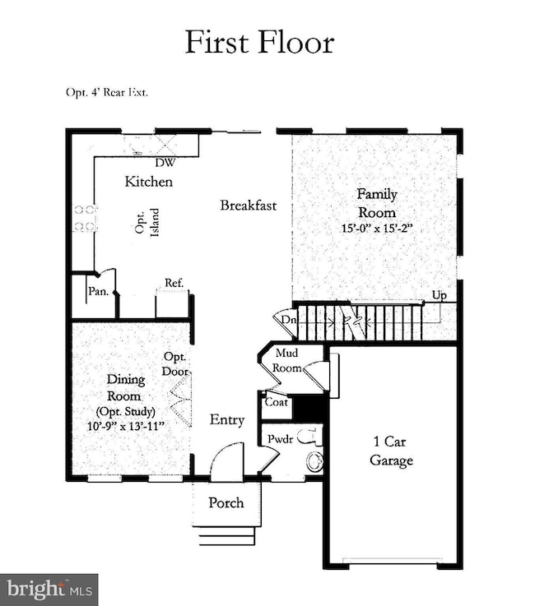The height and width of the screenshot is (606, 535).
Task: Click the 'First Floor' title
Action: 259,42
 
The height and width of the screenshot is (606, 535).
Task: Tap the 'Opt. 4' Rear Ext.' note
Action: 108,92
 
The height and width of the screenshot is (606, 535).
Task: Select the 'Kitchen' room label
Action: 148,181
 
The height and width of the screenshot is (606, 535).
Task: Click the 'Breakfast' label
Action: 248,205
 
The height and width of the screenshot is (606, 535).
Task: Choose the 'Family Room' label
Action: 376,202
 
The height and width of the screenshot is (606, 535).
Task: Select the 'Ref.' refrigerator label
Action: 173,283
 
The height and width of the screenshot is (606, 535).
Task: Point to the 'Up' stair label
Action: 441,294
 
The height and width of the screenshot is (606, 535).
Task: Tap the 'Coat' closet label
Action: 276,403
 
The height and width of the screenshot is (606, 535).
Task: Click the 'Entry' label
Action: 226,420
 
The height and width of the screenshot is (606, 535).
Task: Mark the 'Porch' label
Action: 226,502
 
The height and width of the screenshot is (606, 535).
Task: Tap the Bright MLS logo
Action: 49,589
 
